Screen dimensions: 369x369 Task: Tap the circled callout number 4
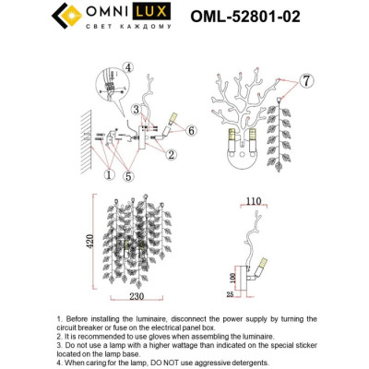coord(127,66)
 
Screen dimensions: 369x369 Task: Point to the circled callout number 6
coord(191,132)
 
